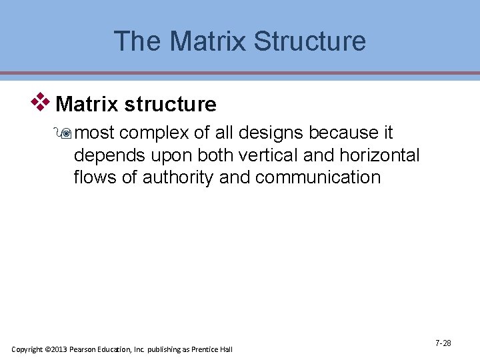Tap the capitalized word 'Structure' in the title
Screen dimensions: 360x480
click(310, 41)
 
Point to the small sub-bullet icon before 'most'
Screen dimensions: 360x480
click(65, 133)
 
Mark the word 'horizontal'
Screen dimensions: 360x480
click(383, 156)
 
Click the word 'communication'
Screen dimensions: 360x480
click(317, 178)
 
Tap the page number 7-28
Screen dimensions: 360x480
click(443, 343)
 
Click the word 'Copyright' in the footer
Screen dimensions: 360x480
click(27, 349)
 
